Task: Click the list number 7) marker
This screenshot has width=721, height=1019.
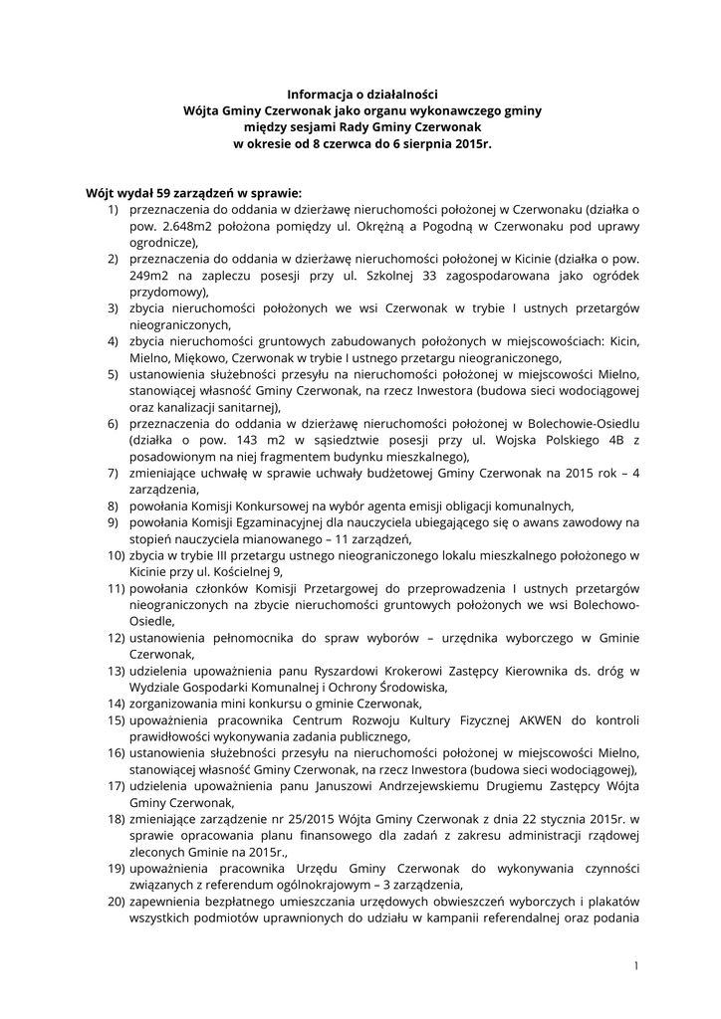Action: [114, 473]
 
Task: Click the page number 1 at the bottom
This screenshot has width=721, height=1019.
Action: [635, 965]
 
